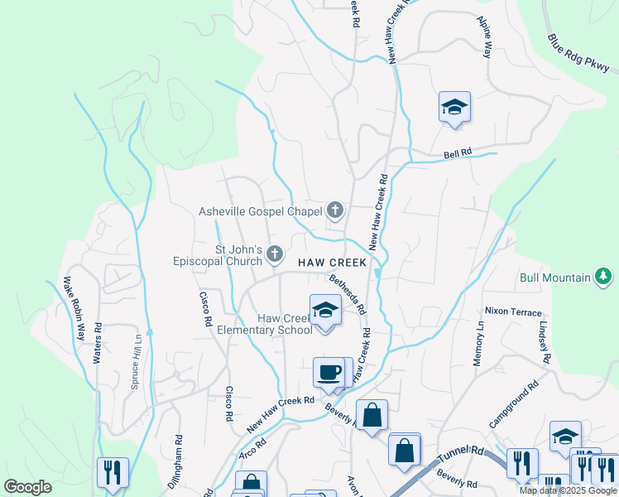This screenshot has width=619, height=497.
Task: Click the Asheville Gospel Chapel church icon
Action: pos(335,210)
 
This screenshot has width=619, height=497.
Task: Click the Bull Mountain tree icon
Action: pos(605,277)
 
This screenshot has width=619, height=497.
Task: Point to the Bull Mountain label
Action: pos(554,278)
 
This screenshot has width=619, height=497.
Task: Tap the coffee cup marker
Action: pos(329,371)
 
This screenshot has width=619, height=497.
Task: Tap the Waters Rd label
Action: pos(97,342)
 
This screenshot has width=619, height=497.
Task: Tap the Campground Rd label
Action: pos(513,404)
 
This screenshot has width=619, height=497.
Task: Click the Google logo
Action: pos(28,486)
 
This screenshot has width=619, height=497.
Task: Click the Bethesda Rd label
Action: pos(348,295)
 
